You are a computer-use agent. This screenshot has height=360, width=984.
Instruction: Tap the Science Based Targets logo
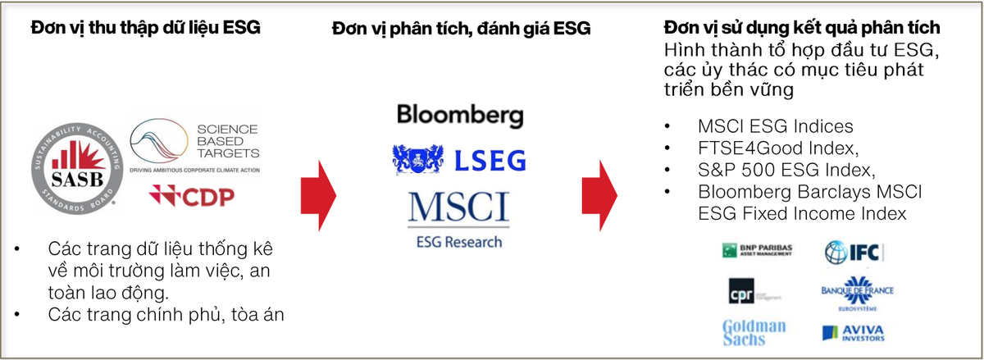click(x=195, y=145)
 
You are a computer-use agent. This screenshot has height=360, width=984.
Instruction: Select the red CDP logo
click(x=191, y=196)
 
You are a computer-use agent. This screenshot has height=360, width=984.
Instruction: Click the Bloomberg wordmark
click(x=459, y=115)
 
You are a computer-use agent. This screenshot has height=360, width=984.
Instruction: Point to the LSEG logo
click(x=459, y=159)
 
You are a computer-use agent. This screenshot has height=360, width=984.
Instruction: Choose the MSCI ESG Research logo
click(x=459, y=217)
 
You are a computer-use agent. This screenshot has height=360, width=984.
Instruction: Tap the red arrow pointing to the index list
click(x=599, y=194)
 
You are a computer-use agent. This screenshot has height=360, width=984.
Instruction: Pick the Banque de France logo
click(x=857, y=293)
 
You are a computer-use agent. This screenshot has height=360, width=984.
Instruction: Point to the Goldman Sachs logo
click(x=754, y=332)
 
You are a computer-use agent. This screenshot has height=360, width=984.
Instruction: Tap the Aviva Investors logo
click(x=853, y=332)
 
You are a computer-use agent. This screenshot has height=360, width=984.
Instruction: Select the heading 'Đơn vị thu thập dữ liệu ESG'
click(x=146, y=29)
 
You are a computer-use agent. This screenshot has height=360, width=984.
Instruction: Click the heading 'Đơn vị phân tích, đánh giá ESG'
click(x=461, y=29)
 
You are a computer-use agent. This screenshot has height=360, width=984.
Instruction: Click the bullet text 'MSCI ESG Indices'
click(x=775, y=127)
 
